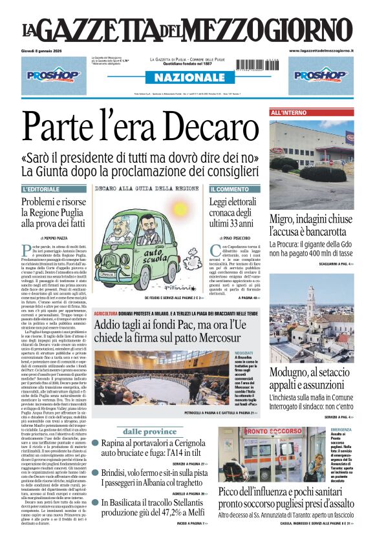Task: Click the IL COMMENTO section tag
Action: tap(230, 189)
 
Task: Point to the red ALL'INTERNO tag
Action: tap(289, 113)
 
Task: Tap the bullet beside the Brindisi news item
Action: tap(95, 473)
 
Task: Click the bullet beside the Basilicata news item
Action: tap(95, 502)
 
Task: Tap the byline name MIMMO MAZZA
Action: tap(58, 238)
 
